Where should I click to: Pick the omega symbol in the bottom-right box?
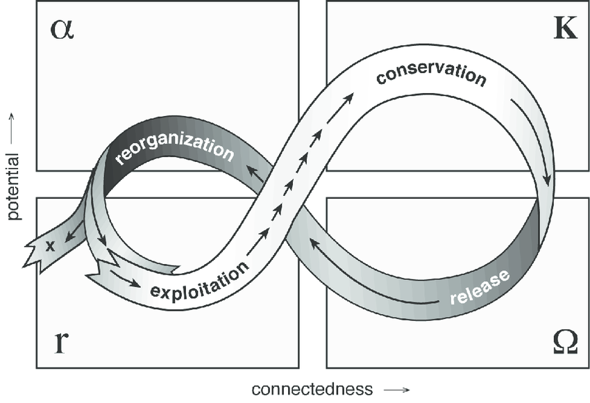[564, 343]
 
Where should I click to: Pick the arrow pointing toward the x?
[75, 231]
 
